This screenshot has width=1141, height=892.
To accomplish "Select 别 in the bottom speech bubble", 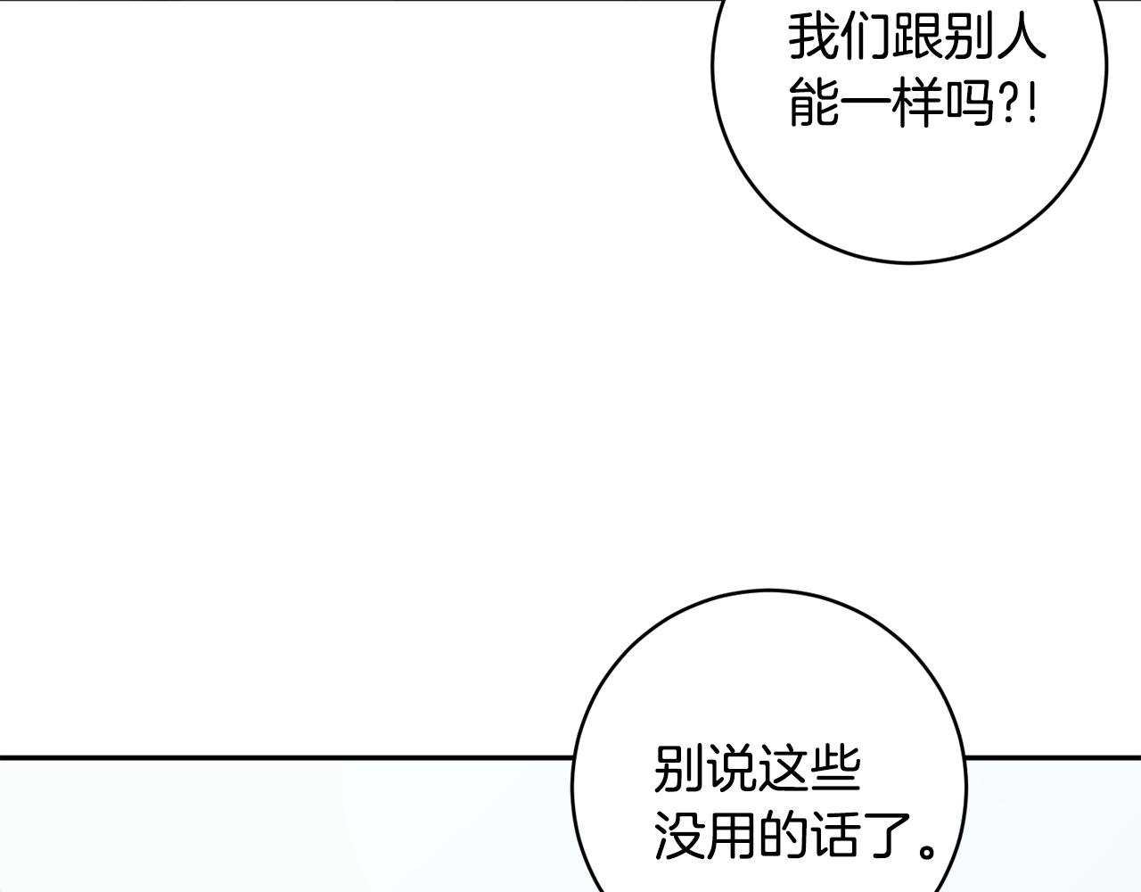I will point(679,769).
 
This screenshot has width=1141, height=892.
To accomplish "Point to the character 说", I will point(731,769).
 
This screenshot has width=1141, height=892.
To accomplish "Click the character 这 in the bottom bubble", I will point(783,769).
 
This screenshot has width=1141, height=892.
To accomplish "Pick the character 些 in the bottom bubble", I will point(834,769).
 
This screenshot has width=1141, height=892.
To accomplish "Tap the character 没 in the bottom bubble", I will point(679,837).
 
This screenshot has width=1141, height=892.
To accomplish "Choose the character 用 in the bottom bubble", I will point(731,837).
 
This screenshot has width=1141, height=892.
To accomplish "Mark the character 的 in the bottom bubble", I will point(783,837).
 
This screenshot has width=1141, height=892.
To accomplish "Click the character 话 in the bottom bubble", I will point(834,837).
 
